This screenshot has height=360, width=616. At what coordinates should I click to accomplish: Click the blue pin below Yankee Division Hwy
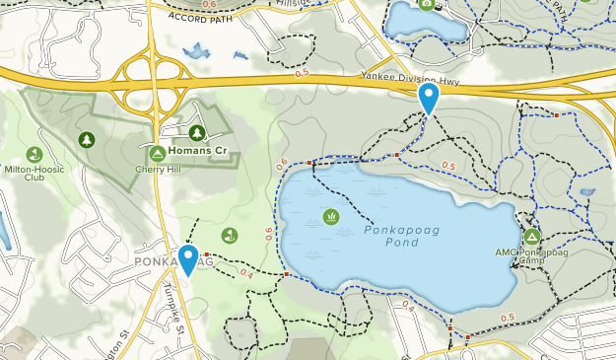coord(428,99)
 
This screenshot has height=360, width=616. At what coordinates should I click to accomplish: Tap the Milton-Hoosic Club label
coord(34,173)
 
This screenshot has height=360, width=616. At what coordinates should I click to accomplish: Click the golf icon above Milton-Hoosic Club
coord(34,154)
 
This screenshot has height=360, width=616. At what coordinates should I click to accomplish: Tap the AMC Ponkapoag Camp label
coord(532,255)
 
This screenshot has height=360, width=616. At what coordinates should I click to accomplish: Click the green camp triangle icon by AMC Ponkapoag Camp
coord(532,237)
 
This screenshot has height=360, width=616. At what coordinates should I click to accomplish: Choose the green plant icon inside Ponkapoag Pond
coord(330,216)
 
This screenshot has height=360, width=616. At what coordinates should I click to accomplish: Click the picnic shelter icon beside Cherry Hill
coord(157,154)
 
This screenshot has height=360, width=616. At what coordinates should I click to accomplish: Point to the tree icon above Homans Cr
coord(197,133)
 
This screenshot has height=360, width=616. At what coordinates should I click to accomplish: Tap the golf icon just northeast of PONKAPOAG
coord(229,235)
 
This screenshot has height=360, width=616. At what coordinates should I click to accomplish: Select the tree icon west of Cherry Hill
coord(86,140)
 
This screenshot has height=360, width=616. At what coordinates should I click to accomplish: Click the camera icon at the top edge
coord(427,3)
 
